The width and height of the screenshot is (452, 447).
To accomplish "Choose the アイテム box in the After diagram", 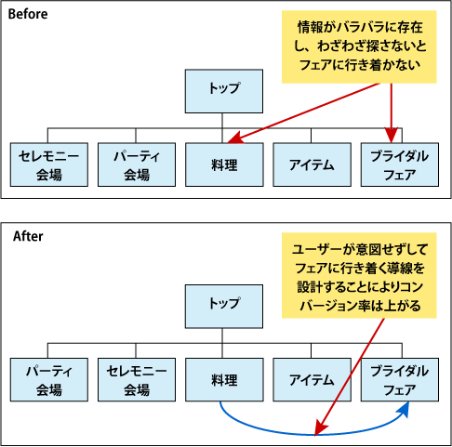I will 310,380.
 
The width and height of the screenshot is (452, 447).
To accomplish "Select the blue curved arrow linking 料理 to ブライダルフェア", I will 279,429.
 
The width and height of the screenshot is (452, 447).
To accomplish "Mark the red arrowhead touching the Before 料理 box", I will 234,140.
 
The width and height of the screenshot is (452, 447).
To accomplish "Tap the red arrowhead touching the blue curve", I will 320,430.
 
